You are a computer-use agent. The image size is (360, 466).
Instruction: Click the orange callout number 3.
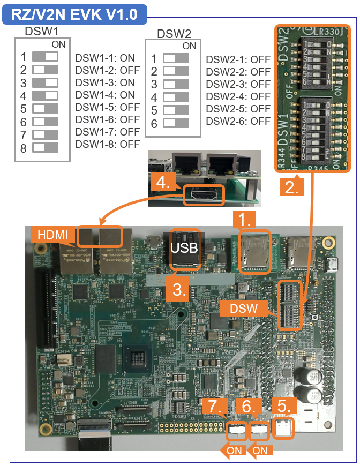[x=178, y=289]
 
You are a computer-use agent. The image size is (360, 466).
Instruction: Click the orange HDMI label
[x=53, y=235]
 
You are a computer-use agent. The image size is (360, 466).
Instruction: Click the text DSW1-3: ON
[x=105, y=82]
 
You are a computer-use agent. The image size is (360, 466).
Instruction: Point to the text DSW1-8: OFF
[x=107, y=144]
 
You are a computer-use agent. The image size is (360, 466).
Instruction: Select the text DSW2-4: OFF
[x=238, y=96]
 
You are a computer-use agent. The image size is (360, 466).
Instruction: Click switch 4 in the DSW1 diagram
[x=45, y=96]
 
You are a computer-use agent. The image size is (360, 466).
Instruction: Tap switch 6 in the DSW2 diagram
[x=176, y=123]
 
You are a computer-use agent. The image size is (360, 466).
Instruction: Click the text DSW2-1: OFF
[x=238, y=59]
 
